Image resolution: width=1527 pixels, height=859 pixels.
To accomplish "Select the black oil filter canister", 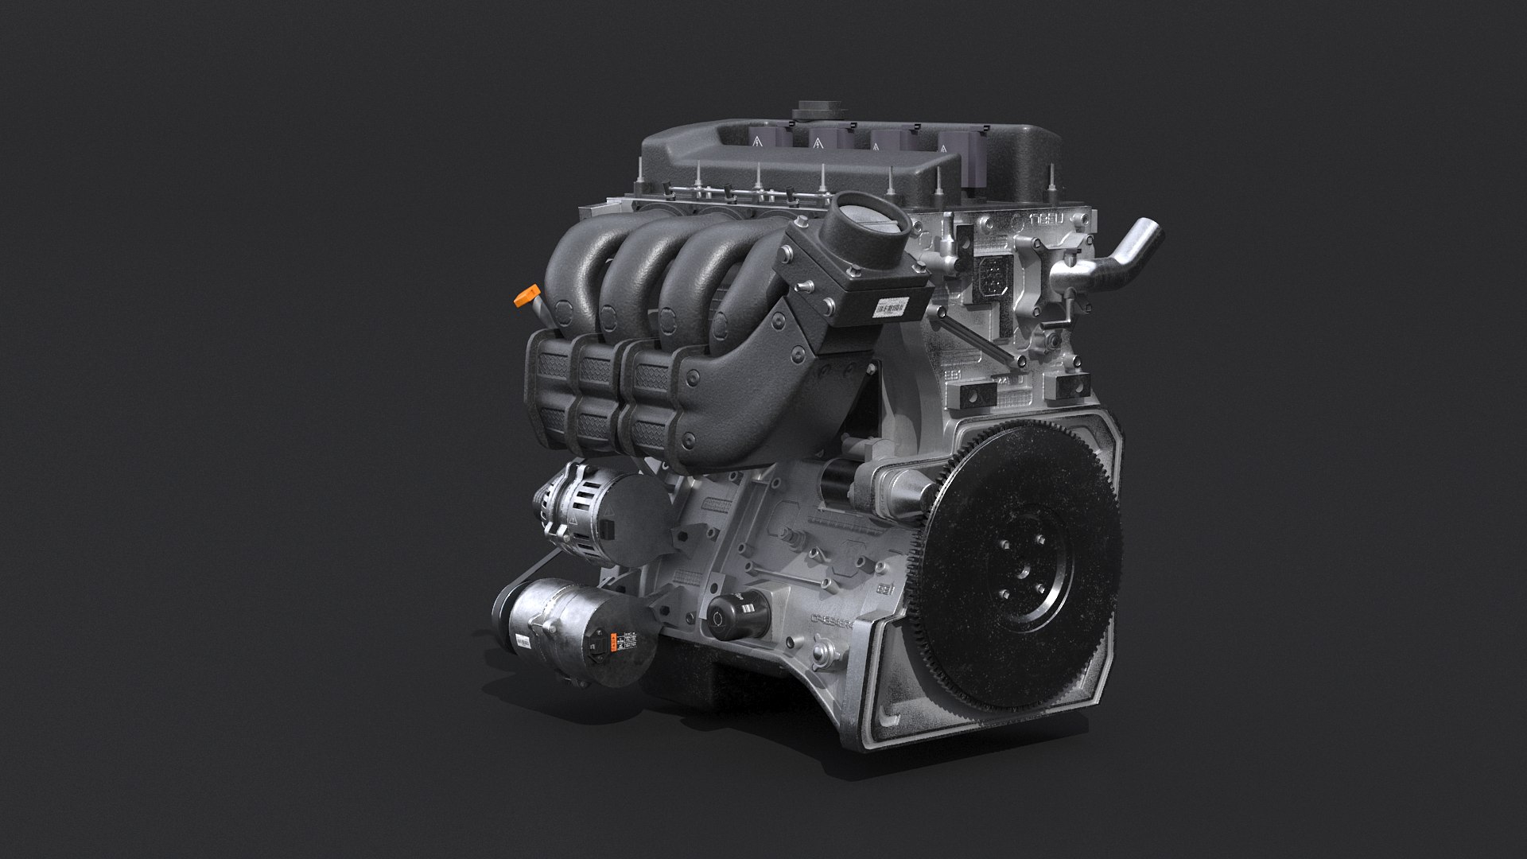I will (x=739, y=613).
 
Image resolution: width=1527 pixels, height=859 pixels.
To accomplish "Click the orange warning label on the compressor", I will (x=614, y=641).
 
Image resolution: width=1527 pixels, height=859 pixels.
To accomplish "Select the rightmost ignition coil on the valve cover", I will (x=950, y=144).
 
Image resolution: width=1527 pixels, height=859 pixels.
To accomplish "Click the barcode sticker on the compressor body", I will (x=523, y=643).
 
